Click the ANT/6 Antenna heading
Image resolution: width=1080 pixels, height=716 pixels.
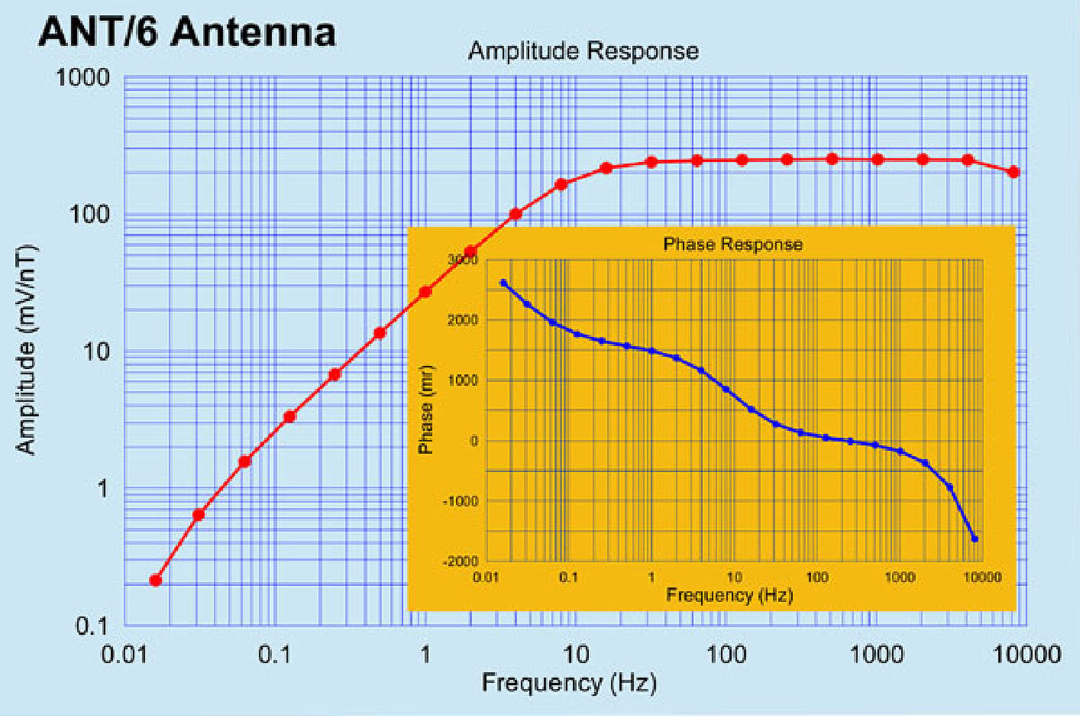(187, 32)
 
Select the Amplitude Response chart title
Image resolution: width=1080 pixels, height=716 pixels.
(583, 51)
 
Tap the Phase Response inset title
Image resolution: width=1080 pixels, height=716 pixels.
(732, 244)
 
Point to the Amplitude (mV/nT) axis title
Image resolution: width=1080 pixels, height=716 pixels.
(26, 350)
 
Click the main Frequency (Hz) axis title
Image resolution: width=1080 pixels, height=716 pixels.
(569, 683)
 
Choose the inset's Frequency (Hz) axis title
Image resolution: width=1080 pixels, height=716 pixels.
(729, 595)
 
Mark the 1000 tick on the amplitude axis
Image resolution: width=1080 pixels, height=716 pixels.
(82, 78)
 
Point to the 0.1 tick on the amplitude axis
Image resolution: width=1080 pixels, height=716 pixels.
(91, 626)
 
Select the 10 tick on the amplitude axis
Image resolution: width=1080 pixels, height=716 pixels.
(95, 352)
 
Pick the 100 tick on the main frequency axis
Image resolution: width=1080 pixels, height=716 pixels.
(726, 655)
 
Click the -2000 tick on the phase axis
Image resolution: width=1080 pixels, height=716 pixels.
(460, 562)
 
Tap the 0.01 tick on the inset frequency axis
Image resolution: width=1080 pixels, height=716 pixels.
(486, 578)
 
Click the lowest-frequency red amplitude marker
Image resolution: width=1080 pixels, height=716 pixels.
(155, 580)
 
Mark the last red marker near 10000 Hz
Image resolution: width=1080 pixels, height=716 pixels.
(1014, 173)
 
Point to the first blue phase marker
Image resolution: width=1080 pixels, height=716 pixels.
(504, 283)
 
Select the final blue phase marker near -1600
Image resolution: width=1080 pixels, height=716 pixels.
(974, 539)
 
